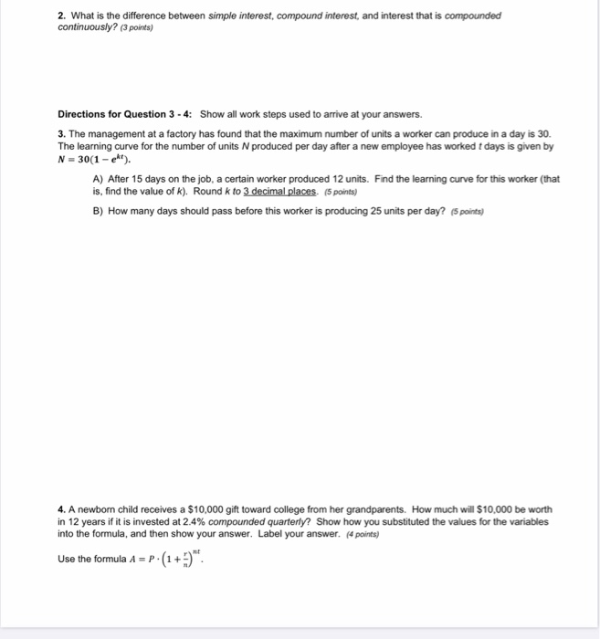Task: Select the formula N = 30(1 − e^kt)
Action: [96, 157]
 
